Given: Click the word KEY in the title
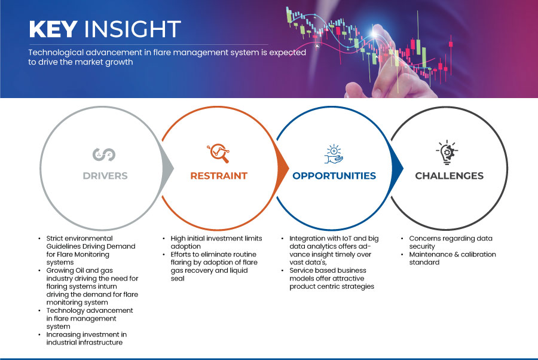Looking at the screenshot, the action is pyautogui.click(x=53, y=29).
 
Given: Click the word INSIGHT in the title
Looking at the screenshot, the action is pyautogui.click(x=133, y=29).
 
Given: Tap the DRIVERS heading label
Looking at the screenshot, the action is pyautogui.click(x=105, y=176).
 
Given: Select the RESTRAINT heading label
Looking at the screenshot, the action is pyautogui.click(x=219, y=176).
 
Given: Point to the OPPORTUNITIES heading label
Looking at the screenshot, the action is pyautogui.click(x=334, y=176).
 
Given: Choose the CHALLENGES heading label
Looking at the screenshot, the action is pyautogui.click(x=449, y=176).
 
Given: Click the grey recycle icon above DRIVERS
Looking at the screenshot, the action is pyautogui.click(x=104, y=154).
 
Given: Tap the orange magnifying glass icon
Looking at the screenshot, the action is pyautogui.click(x=218, y=153).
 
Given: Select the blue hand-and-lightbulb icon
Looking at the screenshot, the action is pyautogui.click(x=334, y=154).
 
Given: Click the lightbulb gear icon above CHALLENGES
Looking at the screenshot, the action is pyautogui.click(x=447, y=152).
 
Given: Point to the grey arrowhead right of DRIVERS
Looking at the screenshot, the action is pyautogui.click(x=168, y=168).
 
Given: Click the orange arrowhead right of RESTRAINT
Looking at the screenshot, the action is pyautogui.click(x=283, y=168).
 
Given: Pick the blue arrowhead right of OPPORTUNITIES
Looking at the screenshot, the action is pyautogui.click(x=398, y=168).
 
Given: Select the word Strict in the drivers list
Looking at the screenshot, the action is pyautogui.click(x=54, y=239).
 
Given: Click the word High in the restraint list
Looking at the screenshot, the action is pyautogui.click(x=178, y=239).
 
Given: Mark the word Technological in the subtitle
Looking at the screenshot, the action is pyautogui.click(x=56, y=53).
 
